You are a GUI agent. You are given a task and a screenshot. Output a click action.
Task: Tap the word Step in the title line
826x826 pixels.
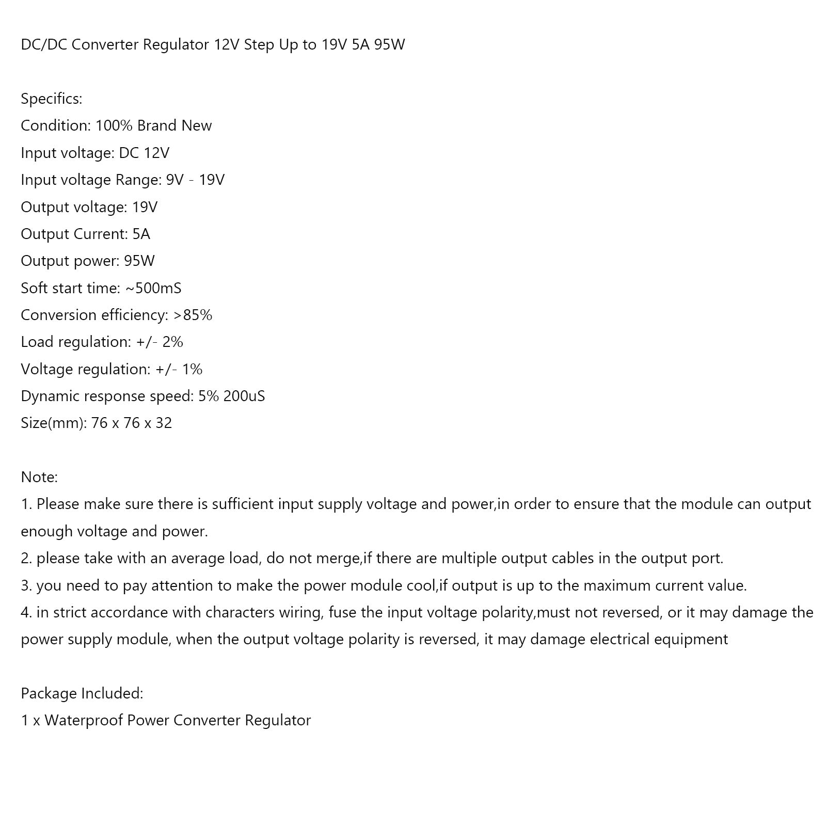(259, 45)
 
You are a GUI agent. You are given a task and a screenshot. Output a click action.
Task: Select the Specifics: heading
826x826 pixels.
(52, 99)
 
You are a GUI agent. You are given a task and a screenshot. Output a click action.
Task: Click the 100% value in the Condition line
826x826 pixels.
(114, 125)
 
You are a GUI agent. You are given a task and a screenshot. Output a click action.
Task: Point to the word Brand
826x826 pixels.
(156, 125)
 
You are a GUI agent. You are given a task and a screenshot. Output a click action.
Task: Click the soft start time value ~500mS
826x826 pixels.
(153, 288)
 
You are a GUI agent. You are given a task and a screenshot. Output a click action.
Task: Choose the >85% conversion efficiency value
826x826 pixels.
(193, 315)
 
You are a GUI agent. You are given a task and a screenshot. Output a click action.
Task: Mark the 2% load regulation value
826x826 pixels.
(172, 342)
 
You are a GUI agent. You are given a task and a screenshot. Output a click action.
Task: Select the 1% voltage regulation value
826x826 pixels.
(192, 369)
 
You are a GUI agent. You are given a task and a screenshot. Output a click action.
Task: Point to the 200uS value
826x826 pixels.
(244, 396)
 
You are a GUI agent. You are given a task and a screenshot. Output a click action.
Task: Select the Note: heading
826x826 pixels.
(39, 477)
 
